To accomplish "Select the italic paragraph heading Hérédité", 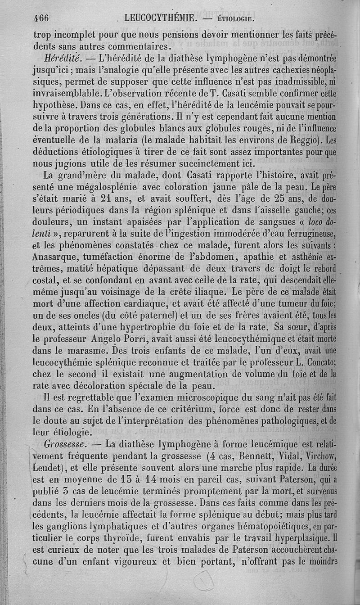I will coord(63,59).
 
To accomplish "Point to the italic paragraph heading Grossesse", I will coord(67,444).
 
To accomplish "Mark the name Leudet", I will coord(50,468).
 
